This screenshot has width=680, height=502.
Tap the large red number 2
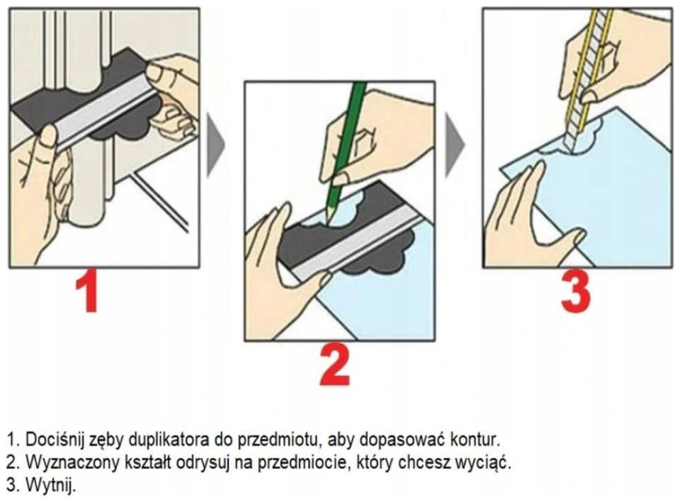(335, 367)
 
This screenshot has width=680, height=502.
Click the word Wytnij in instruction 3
(50, 485)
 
